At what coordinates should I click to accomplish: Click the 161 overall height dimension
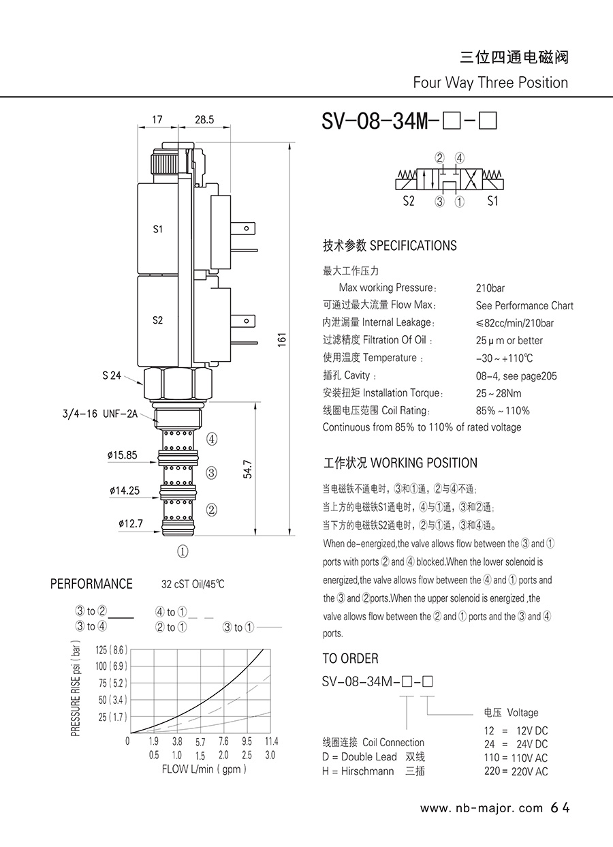(282, 339)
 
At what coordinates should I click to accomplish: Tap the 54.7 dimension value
(247, 469)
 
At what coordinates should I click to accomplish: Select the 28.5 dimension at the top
(204, 119)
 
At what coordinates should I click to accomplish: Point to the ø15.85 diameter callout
(122, 455)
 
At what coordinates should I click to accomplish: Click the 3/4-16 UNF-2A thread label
(99, 414)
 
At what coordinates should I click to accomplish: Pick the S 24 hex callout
(112, 375)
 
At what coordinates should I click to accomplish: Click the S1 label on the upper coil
(157, 229)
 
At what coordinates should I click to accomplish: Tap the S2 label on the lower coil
(157, 320)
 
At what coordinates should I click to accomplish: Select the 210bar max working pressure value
(490, 288)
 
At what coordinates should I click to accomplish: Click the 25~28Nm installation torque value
(499, 393)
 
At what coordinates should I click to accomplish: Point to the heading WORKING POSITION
(424, 463)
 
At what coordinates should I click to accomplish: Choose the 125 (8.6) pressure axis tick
(112, 649)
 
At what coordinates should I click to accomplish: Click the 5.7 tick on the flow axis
(200, 742)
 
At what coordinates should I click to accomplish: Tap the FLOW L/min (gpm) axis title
(204, 769)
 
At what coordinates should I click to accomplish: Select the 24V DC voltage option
(532, 744)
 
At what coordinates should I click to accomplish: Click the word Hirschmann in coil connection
(367, 771)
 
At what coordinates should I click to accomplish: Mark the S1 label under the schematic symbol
(492, 201)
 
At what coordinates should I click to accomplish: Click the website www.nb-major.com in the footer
(482, 808)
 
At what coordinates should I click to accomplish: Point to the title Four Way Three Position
(490, 82)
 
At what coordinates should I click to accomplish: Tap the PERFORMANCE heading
(91, 584)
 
